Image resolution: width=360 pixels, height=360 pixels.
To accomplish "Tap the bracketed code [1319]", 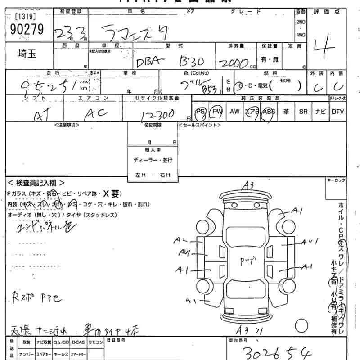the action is point(26,17).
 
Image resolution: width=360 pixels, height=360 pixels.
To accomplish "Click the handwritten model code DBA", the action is point(149,62).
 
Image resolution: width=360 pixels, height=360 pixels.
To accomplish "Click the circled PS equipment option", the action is point(201,112).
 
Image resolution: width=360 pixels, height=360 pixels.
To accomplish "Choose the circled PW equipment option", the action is point(217,112).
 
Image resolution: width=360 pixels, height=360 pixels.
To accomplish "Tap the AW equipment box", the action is point(234,112).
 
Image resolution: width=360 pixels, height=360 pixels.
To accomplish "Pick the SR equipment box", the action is point(303,112).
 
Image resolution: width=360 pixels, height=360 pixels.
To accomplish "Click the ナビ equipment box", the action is point(320,112).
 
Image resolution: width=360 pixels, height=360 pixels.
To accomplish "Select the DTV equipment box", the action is point(337,112).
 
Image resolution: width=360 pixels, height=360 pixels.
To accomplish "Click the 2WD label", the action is point(301,22).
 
